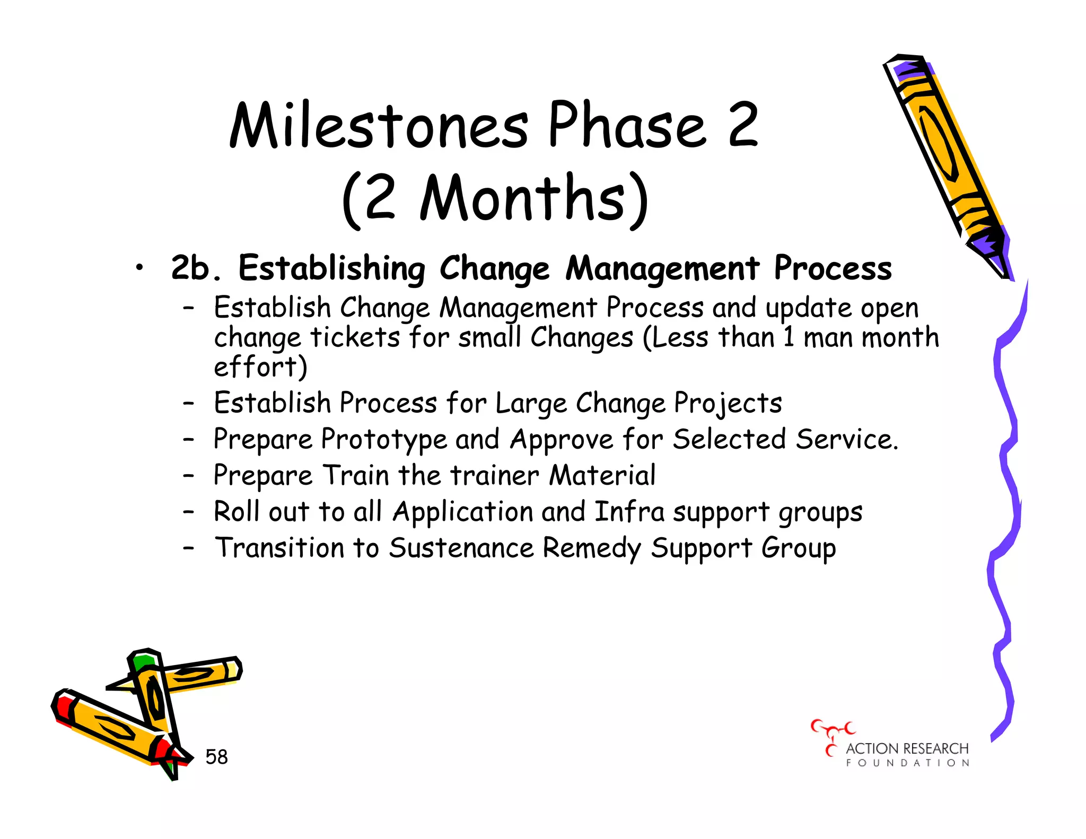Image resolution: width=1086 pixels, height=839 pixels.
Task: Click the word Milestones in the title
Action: coord(379,126)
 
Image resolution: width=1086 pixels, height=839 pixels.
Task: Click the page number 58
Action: coord(216,757)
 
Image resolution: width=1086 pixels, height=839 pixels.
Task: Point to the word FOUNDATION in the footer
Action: coord(907,763)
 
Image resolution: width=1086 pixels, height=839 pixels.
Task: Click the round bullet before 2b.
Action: coord(139,268)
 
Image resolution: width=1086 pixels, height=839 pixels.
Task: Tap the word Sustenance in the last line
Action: coord(460,548)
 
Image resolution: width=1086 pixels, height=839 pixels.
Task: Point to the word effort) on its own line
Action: coord(260,366)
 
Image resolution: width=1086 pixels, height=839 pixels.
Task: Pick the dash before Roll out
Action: coord(189,512)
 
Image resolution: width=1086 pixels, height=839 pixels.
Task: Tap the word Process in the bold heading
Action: coord(833,268)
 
